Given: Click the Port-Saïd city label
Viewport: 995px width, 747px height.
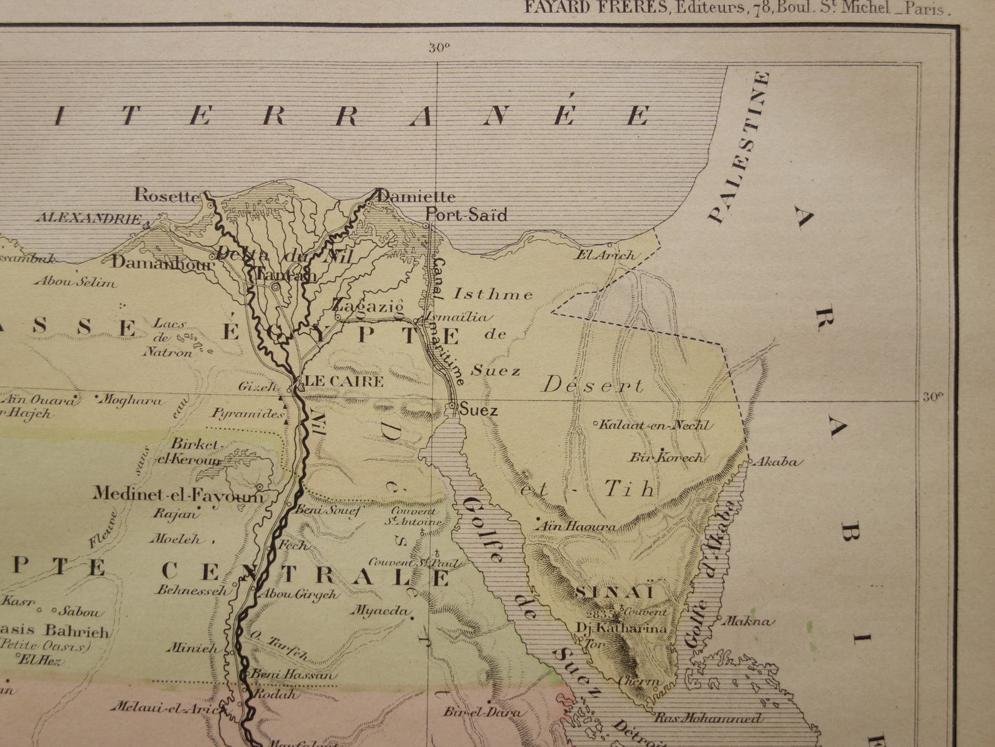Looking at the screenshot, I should click(x=466, y=215).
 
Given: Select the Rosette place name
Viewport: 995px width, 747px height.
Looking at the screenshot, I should click(x=166, y=195).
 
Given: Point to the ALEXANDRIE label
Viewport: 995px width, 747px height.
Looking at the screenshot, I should click(x=89, y=218).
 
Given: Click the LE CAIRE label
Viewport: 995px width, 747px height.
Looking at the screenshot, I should click(x=344, y=380).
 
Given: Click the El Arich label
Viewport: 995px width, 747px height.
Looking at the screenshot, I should click(x=606, y=255).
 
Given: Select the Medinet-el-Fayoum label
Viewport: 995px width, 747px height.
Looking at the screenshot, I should click(x=178, y=494).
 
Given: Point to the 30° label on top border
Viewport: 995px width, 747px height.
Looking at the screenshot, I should click(x=438, y=48).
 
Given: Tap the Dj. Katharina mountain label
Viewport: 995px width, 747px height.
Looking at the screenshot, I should click(x=622, y=628).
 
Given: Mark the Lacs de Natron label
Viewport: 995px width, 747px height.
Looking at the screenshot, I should click(x=167, y=338).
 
